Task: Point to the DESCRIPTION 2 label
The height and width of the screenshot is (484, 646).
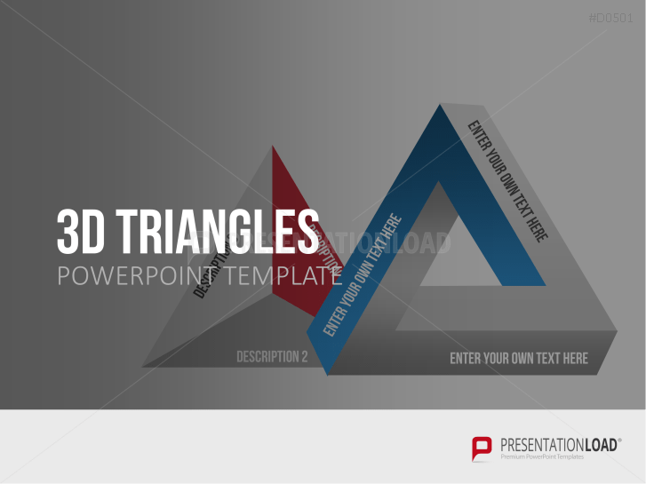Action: pyautogui.click(x=272, y=357)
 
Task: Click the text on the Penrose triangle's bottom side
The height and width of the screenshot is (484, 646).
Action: pyautogui.click(x=518, y=359)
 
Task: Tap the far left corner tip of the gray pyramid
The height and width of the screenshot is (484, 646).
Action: pyautogui.click(x=144, y=365)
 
